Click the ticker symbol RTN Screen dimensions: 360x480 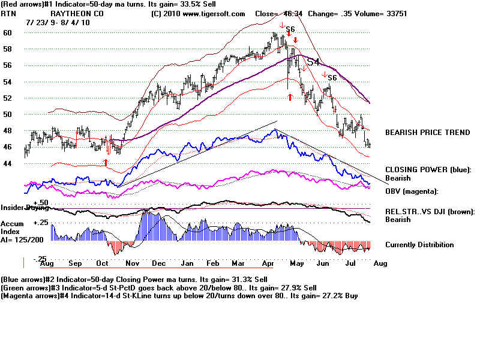tap(8, 13)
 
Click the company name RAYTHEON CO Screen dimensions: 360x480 tap(76, 13)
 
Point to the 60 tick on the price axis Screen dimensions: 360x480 tap(8, 33)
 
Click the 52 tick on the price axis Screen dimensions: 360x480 tap(8, 98)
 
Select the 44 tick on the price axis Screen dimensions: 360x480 tap(8, 163)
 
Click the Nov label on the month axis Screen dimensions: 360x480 tap(132, 263)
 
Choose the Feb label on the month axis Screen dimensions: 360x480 tap(212, 263)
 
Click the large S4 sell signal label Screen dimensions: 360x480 tap(313, 62)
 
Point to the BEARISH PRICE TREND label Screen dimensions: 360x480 tap(427, 132)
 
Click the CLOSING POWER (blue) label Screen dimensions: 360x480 tap(428, 170)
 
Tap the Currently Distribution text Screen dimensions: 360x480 tap(419, 245)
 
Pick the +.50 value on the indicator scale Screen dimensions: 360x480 tap(41, 203)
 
